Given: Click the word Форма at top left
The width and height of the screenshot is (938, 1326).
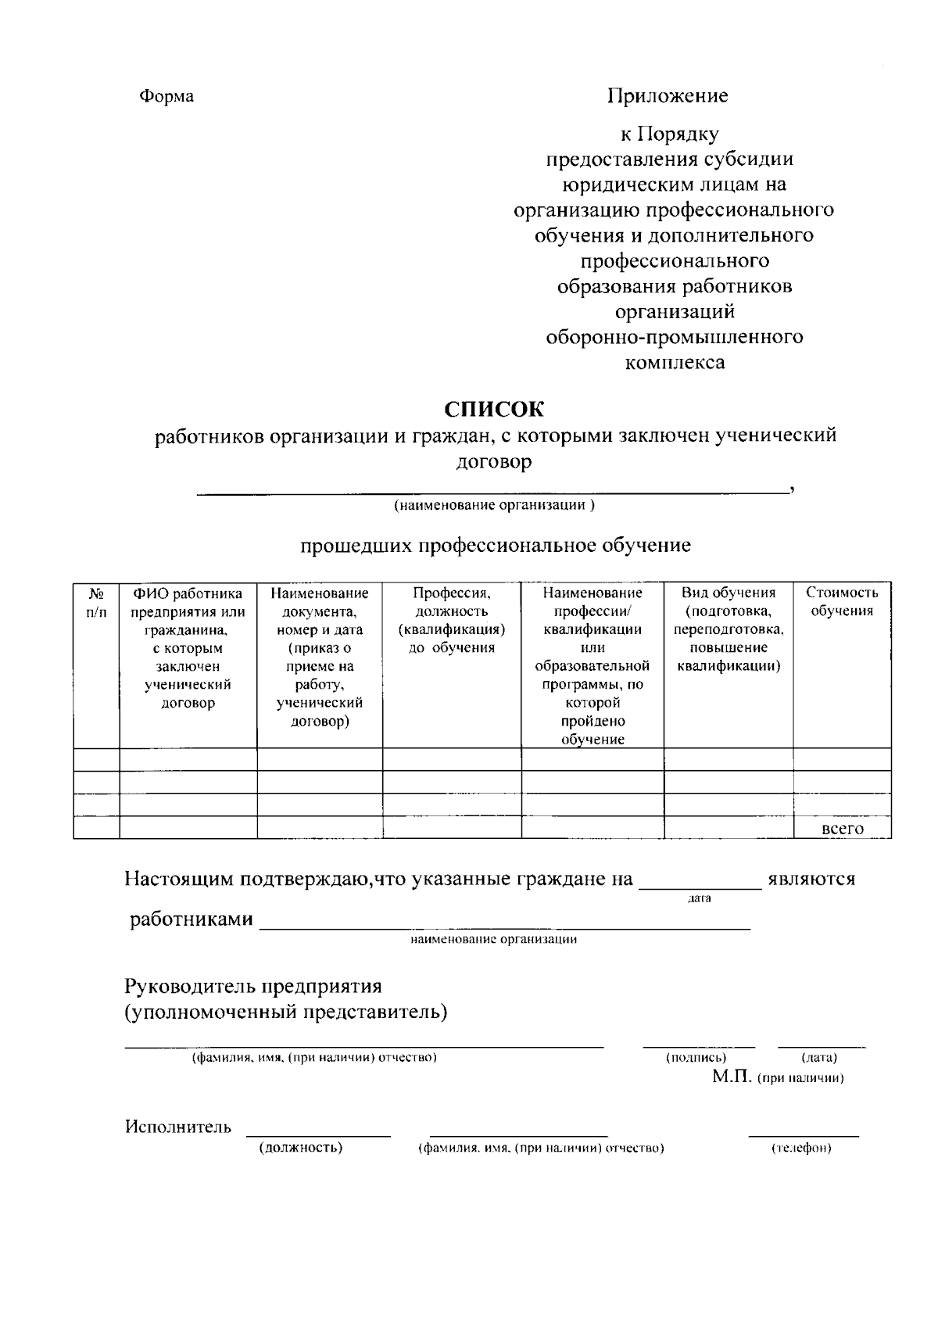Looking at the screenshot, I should coord(166,97).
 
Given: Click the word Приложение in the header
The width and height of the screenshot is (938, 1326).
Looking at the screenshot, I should coord(668,96).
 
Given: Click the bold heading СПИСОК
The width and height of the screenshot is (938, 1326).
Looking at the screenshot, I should coord(493,409).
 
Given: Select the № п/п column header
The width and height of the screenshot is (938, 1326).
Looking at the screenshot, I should coord(96,602).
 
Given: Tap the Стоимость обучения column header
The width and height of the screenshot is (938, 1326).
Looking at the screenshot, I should coord(842,602).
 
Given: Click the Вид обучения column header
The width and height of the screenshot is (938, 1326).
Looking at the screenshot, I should coord(728,629).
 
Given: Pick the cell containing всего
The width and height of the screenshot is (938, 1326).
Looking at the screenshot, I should coord(843,829).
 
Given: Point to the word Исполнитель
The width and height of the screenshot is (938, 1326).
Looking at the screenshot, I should coord(178,1127).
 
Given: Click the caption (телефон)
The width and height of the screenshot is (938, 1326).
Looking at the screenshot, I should coord(801,1149).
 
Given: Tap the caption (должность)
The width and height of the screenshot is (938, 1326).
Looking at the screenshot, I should coord(301,1148).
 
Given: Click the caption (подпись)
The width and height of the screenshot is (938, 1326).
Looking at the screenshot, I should coord(696,1058).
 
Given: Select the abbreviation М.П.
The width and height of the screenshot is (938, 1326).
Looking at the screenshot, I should coord(732,1077).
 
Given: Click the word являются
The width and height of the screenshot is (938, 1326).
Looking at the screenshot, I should coord(811,879).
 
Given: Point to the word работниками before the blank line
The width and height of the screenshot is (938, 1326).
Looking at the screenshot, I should coord(192,919).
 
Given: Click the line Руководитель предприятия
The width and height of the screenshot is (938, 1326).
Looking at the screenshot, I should coord(253,987).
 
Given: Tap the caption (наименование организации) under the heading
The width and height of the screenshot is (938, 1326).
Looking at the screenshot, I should coord(493,505).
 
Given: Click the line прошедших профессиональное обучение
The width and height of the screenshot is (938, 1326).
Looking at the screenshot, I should coord(496,545).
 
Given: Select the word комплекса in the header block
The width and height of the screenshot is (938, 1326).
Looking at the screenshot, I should coord(675,363).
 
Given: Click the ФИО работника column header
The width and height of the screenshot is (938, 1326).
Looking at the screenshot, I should coord(188,647).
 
